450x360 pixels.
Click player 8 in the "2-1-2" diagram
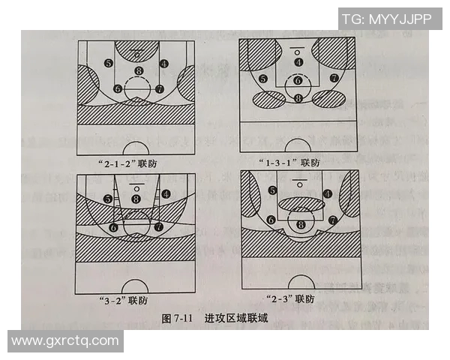pos(138,71)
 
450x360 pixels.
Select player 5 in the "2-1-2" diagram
pos(109,64)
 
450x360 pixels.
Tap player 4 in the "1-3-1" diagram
pos(298,62)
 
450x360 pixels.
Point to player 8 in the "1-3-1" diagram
pos(298,98)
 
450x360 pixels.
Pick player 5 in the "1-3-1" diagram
pos(262,79)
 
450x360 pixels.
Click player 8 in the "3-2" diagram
pos(136,198)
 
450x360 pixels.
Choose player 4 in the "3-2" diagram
pos(165,193)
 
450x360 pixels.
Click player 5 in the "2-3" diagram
pos(271,190)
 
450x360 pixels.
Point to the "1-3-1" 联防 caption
pos(288,161)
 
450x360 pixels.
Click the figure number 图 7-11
pos(178,318)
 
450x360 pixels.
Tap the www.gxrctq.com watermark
pos(66,340)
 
